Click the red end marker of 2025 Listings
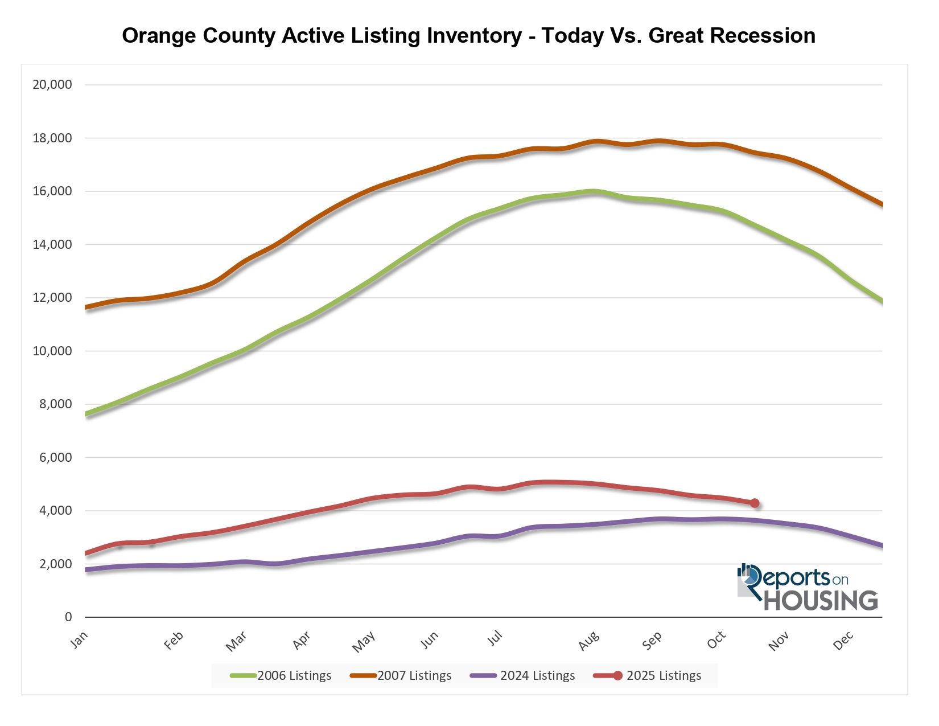pyautogui.click(x=755, y=503)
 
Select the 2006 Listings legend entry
pyautogui.click(x=281, y=676)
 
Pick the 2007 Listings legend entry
pyautogui.click(x=401, y=676)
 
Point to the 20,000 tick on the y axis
pyautogui.click(x=52, y=85)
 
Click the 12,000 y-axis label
pyautogui.click(x=52, y=298)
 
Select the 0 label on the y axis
pyautogui.click(x=69, y=617)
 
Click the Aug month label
pyautogui.click(x=589, y=641)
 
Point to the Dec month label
pyautogui.click(x=843, y=641)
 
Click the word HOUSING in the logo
pyautogui.click(x=820, y=601)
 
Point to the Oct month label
pyautogui.click(x=716, y=641)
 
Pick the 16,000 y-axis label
pyautogui.click(x=52, y=191)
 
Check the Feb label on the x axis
pyautogui.click(x=174, y=641)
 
